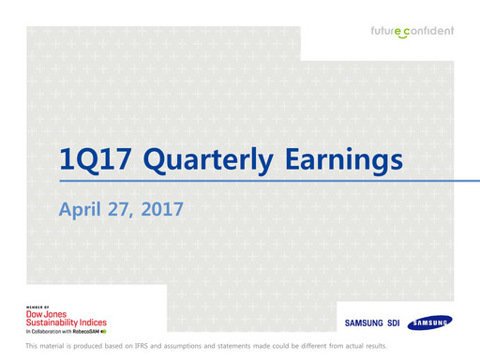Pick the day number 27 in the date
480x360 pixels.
click(124, 207)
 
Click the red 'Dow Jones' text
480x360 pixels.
click(46, 315)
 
